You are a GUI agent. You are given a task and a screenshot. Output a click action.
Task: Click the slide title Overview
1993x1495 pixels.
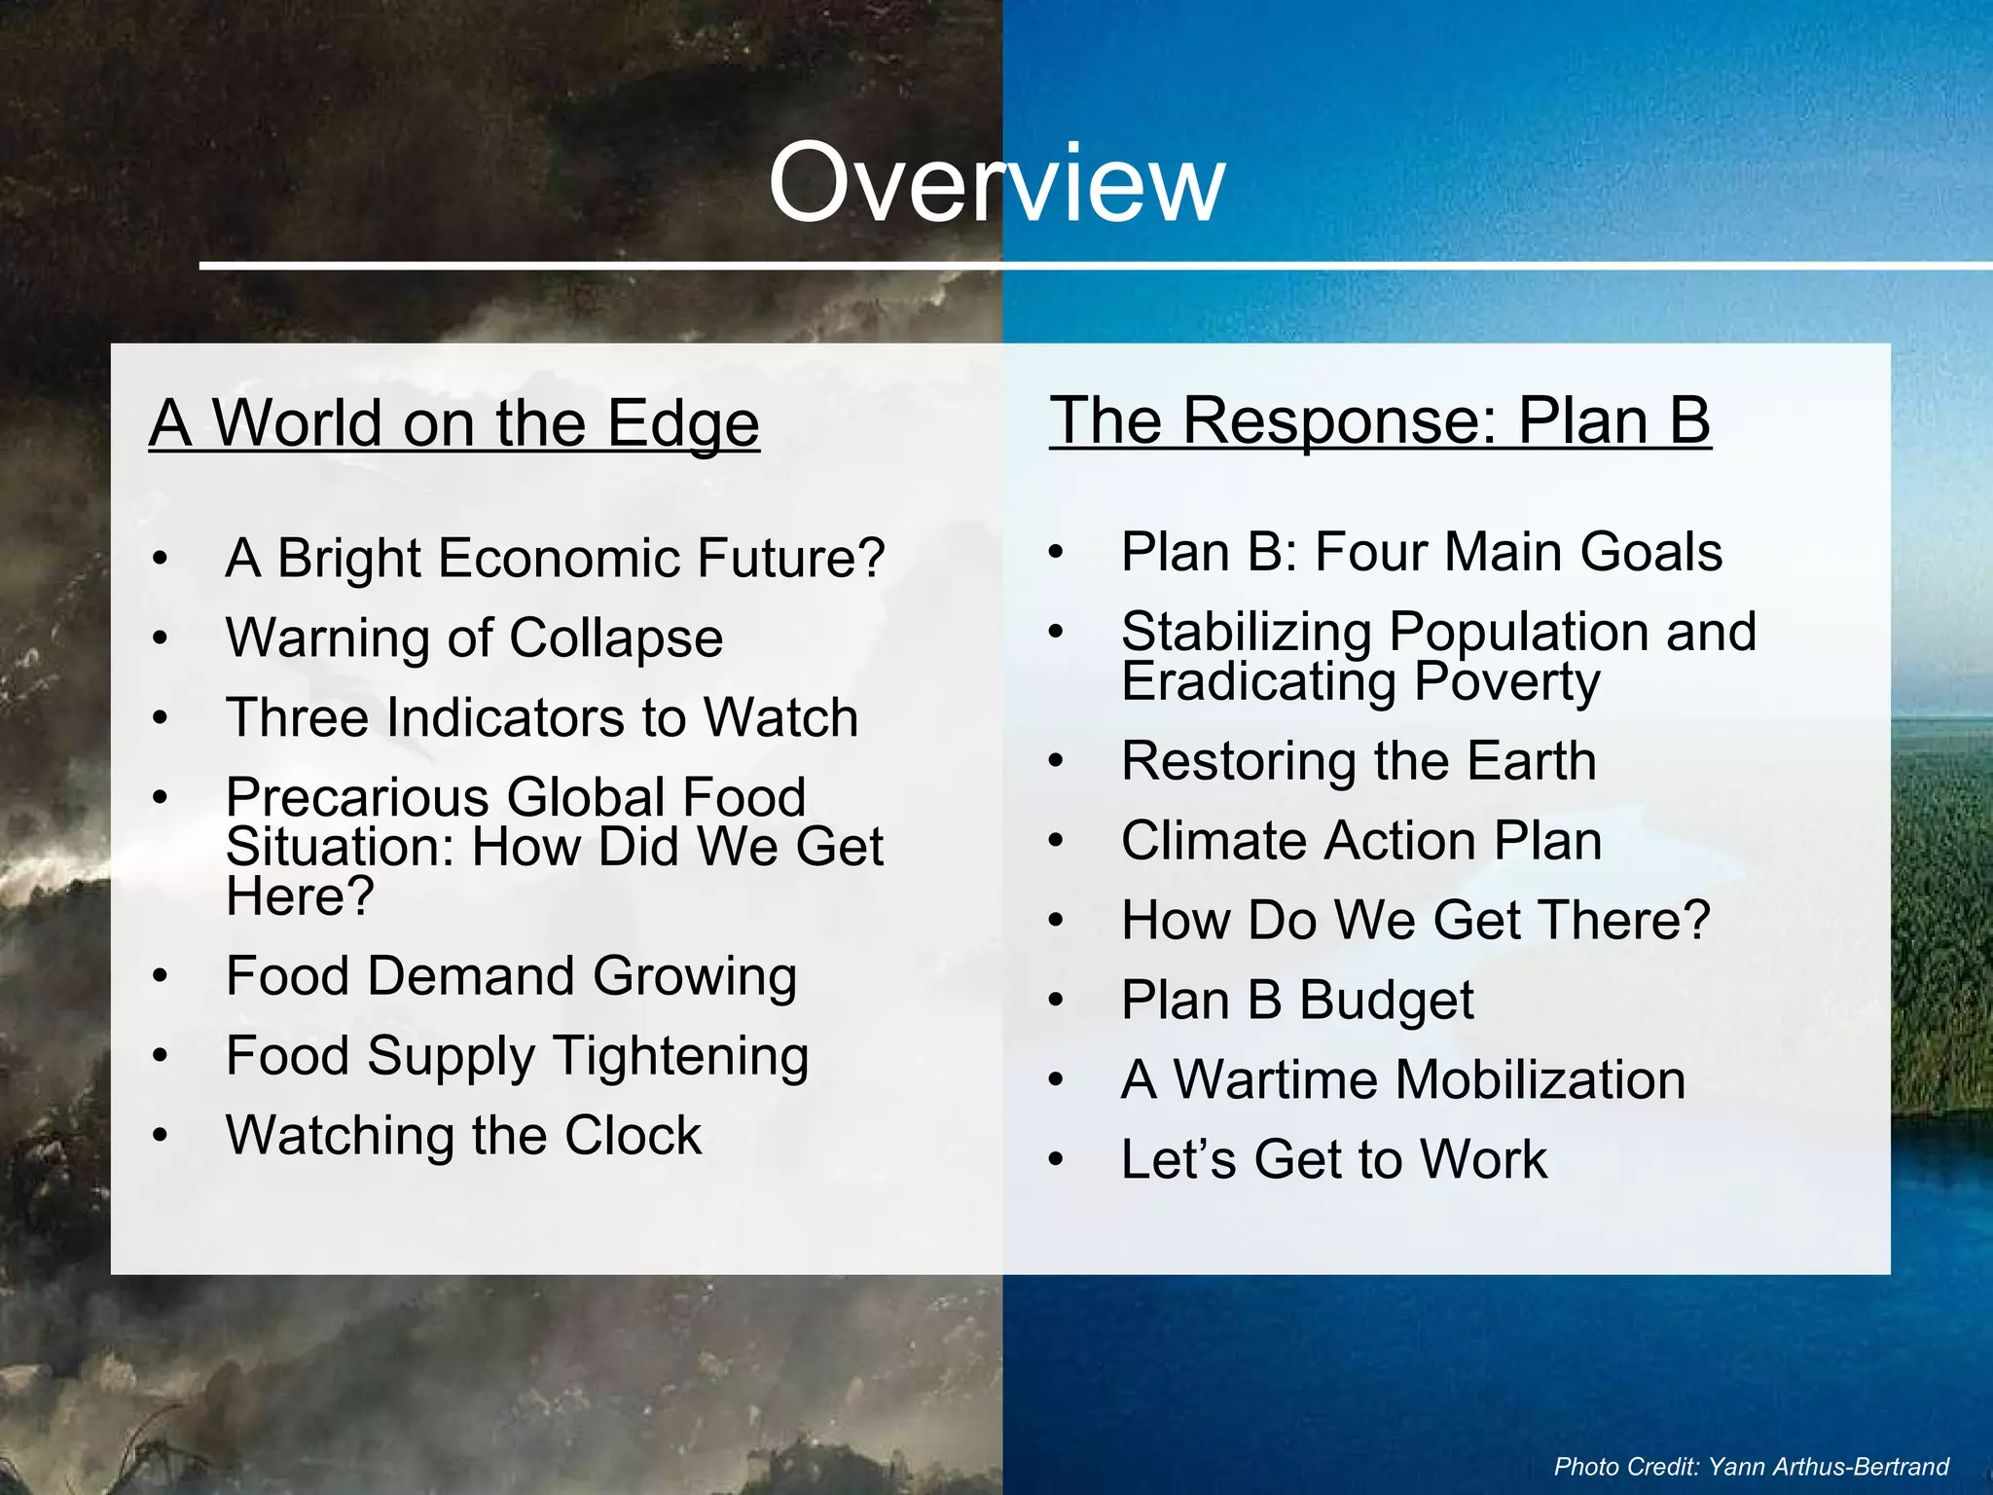click(x=996, y=183)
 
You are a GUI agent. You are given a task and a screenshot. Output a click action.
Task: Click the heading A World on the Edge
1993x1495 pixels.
click(x=453, y=424)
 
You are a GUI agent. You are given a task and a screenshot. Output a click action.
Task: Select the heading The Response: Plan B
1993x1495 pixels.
click(x=1380, y=420)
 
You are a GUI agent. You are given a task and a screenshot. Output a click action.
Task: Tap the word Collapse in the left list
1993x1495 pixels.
click(x=616, y=638)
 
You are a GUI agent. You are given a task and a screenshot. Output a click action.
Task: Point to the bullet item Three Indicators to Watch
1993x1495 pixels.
click(x=542, y=718)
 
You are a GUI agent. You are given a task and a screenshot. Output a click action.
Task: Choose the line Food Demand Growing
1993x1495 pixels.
click(x=511, y=976)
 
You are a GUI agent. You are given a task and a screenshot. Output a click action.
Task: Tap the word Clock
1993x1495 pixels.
click(x=633, y=1136)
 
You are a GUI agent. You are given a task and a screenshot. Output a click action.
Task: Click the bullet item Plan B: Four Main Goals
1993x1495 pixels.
click(x=1421, y=552)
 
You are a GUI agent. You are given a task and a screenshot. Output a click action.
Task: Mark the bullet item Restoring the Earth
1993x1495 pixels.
click(x=1359, y=761)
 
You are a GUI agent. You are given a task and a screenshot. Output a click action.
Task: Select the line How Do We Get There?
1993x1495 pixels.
click(x=1415, y=921)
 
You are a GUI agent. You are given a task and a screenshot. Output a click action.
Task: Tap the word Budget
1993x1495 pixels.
click(x=1387, y=1001)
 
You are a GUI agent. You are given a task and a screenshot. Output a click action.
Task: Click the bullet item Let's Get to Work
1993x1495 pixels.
click(x=1333, y=1160)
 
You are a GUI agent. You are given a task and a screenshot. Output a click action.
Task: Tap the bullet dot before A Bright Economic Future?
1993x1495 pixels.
click(x=161, y=560)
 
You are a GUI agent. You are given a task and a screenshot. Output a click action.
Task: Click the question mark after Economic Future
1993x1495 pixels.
click(x=869, y=559)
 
